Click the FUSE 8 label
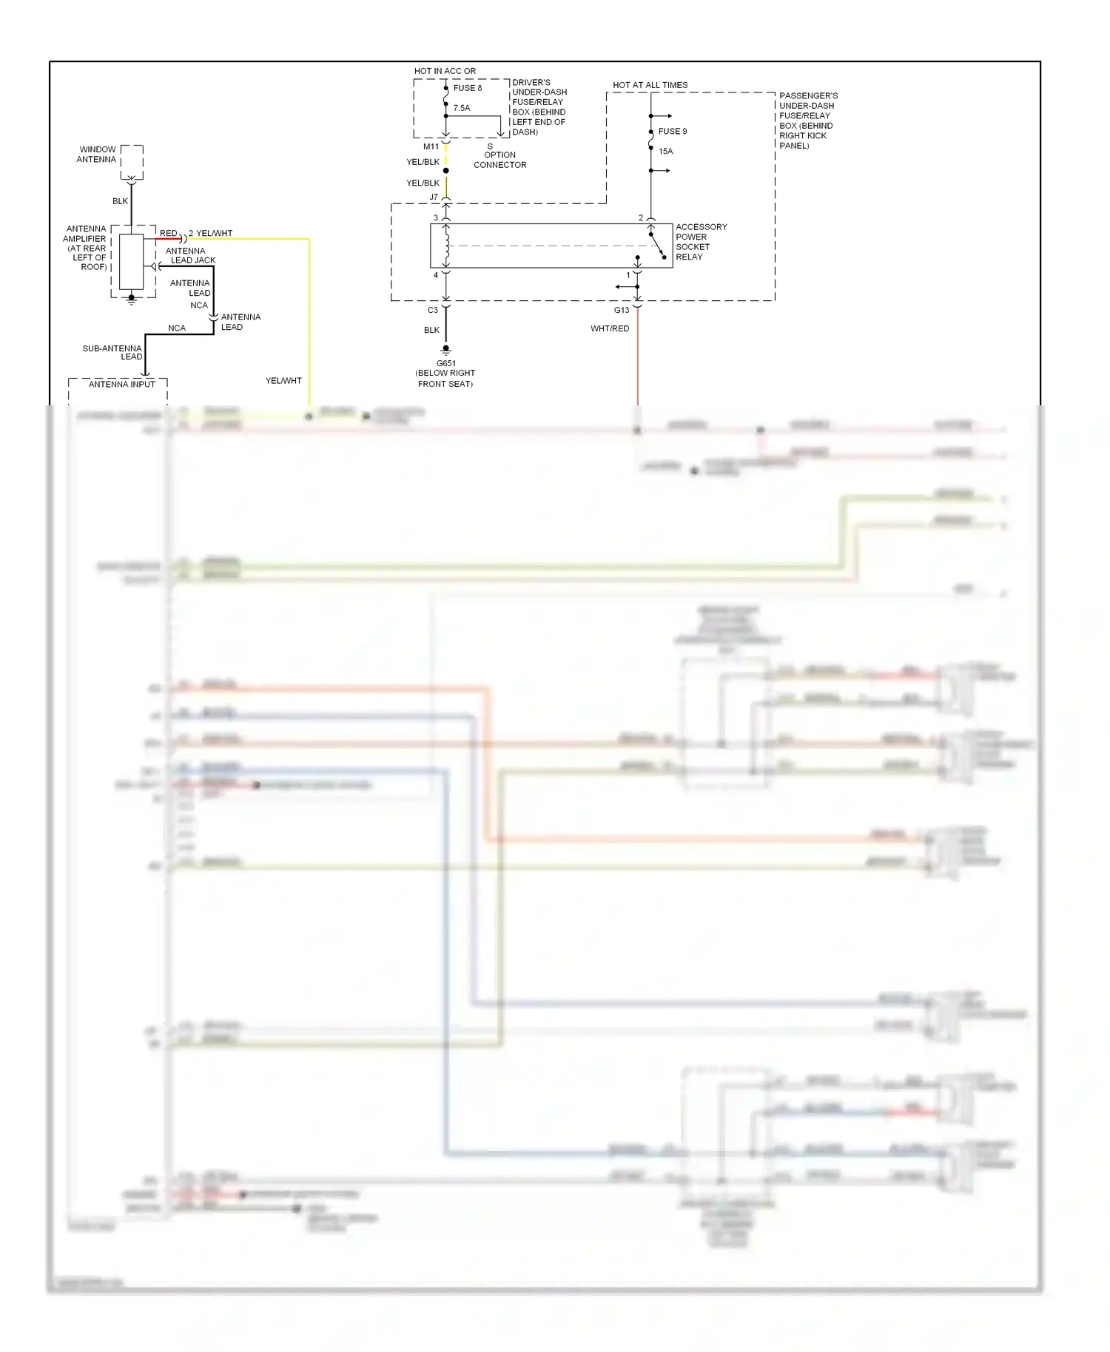click(x=467, y=88)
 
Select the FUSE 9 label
click(x=672, y=132)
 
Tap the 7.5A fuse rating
click(x=461, y=108)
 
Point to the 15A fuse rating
click(x=665, y=152)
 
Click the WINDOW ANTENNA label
click(x=97, y=154)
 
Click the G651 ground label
click(x=445, y=363)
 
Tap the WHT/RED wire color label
click(x=610, y=328)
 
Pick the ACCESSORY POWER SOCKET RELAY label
click(x=700, y=242)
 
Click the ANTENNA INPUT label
click(x=121, y=384)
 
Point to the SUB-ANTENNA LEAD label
click(x=112, y=352)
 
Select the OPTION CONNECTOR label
click(x=499, y=160)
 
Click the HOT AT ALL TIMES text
click(x=650, y=85)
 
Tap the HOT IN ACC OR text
click(x=445, y=71)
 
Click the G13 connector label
click(x=621, y=310)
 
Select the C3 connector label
click(x=432, y=310)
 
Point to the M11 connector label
click(x=431, y=146)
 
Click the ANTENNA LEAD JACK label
click(x=189, y=255)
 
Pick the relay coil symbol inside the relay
click(x=446, y=246)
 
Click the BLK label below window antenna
click(x=120, y=201)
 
